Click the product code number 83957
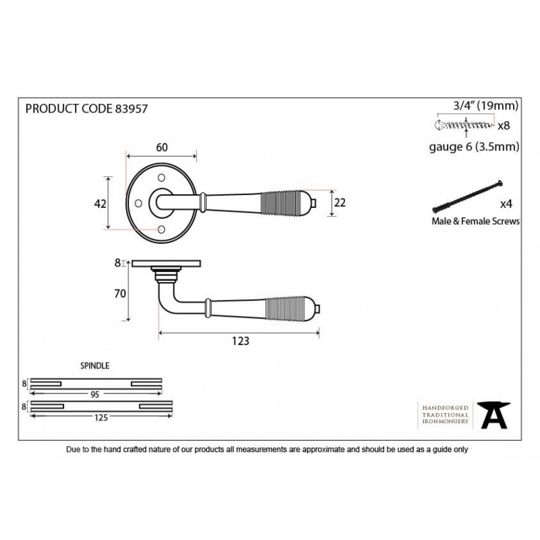point(131,109)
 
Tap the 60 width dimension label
point(162,147)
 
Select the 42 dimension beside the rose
point(100,204)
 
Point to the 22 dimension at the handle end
point(340,203)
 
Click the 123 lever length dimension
point(240,341)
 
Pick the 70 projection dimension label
point(120,294)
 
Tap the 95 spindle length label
point(94,395)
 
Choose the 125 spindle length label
point(101,418)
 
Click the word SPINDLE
point(94,366)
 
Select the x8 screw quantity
point(504,126)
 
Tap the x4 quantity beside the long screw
point(506,205)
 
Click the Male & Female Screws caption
point(476,221)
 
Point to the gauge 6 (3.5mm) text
point(475,147)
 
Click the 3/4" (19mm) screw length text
point(486,106)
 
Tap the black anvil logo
point(493,415)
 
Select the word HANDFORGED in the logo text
point(446,408)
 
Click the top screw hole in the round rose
point(161,178)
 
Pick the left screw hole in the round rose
point(138,203)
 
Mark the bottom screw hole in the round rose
point(161,230)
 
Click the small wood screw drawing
point(464,125)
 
